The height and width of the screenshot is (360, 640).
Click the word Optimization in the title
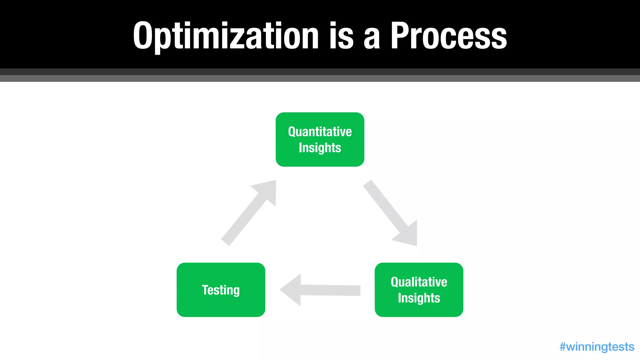click(226, 36)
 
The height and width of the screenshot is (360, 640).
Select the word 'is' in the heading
click(341, 36)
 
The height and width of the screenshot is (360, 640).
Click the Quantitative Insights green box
click(320, 139)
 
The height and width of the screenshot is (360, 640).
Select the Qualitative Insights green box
click(419, 290)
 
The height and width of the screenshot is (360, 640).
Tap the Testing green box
click(221, 290)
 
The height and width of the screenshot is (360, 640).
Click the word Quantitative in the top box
click(320, 132)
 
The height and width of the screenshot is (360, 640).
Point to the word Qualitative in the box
click(419, 282)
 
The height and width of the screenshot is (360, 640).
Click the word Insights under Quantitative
click(320, 147)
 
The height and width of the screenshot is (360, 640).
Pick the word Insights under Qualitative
click(419, 298)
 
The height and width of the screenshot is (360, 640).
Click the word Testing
click(221, 290)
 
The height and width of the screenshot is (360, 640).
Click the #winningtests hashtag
click(597, 347)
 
